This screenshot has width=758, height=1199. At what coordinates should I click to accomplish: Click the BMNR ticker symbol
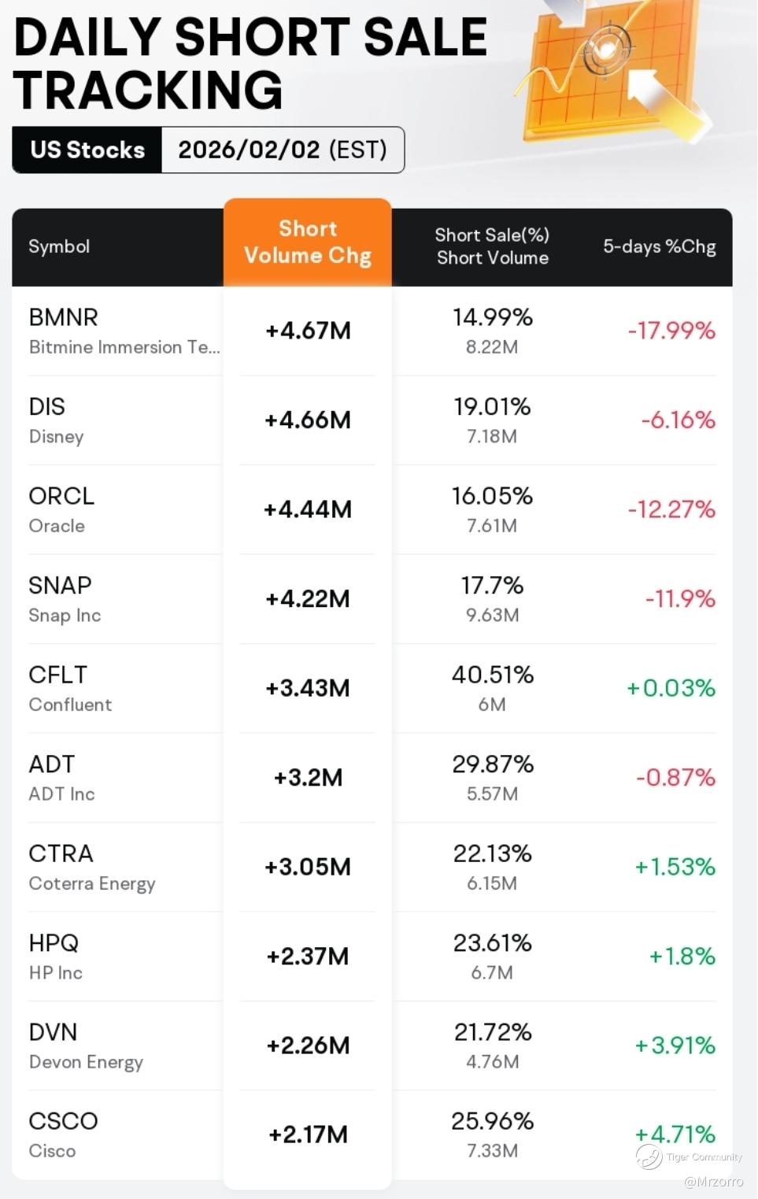pos(64,317)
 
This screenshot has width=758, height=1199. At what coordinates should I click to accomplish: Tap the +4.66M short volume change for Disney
pos(308,420)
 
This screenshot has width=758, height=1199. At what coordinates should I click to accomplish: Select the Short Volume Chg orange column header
pos(308,242)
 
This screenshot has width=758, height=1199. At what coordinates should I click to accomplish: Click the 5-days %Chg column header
pos(659,246)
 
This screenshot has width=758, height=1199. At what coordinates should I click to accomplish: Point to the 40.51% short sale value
pos(493,675)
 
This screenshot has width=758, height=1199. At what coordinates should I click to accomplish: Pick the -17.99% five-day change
pos(671,331)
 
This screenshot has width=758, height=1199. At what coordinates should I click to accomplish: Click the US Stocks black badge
pos(87,150)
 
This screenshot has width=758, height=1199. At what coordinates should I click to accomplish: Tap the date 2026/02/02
pos(249,150)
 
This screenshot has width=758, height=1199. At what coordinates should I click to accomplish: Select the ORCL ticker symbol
pos(61,496)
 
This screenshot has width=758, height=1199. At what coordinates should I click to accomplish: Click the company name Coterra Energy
pos(92,883)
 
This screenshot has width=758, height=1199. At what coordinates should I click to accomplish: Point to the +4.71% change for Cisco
pos(675,1134)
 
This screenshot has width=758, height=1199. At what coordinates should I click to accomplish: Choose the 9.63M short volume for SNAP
pos(492,615)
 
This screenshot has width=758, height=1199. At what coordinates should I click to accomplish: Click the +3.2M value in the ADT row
pos(308,778)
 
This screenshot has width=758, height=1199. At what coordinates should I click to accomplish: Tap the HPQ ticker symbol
pos(54,942)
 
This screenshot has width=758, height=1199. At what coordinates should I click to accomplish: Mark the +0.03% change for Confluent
pos(671,688)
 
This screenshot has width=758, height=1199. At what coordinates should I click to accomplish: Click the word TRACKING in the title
pos(148,90)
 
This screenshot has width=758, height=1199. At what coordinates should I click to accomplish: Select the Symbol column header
pos(59,246)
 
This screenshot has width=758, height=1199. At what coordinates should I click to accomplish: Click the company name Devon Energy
pos(86,1062)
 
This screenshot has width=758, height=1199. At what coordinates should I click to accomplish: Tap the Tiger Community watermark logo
pos(649,1156)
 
